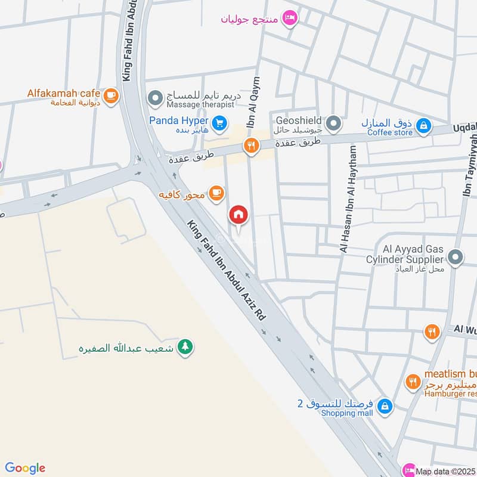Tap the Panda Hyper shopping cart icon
(220, 123)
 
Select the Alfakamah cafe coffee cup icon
(110, 95)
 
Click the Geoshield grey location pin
(334, 124)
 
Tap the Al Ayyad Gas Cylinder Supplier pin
(456, 258)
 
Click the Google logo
(24, 468)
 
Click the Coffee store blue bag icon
(423, 125)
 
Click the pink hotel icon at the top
(290, 17)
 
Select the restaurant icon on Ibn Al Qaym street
(251, 145)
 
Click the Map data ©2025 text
(445, 470)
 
